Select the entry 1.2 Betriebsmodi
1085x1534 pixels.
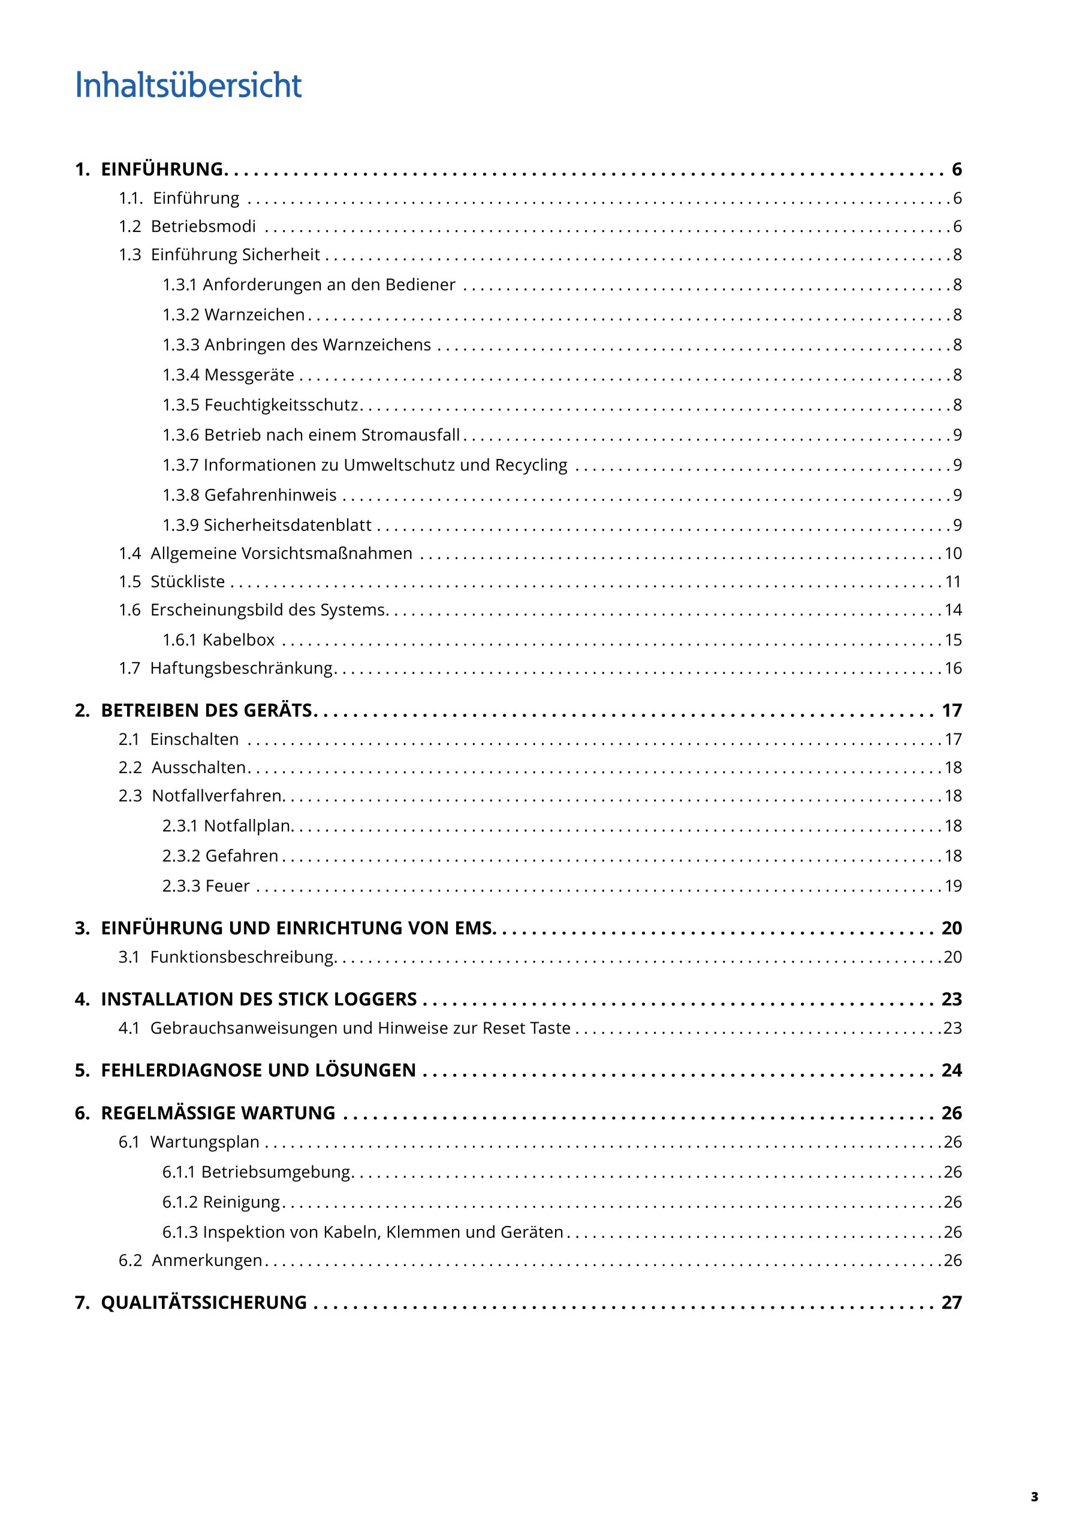[188, 227]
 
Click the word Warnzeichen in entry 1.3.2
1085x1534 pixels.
[254, 315]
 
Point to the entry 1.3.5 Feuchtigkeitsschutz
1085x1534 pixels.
[261, 405]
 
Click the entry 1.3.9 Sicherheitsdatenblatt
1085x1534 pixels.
[267, 525]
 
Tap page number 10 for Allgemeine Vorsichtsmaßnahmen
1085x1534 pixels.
[953, 553]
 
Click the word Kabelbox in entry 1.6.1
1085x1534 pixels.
[239, 640]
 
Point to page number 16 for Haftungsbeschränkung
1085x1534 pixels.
[953, 668]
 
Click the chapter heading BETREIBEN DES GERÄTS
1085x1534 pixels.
[207, 710]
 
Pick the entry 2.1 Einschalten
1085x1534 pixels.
[179, 739]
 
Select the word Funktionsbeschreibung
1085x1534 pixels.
[242, 957]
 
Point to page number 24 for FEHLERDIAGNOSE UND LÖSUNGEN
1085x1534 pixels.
[951, 1070]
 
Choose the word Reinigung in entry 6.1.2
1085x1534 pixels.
[242, 1202]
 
